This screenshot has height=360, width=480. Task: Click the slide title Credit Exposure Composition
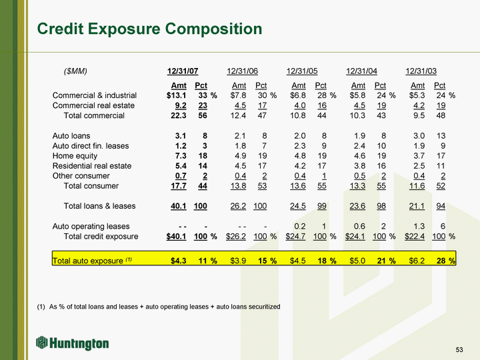click(149, 29)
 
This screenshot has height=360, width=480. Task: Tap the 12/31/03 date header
click(421, 71)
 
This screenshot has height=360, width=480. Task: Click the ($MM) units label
click(75, 71)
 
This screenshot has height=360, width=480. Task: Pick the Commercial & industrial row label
click(94, 96)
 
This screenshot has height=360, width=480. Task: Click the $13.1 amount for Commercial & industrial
click(177, 96)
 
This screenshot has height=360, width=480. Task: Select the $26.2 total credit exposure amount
click(237, 237)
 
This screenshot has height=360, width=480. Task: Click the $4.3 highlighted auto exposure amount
click(178, 260)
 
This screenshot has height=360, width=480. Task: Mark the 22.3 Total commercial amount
click(179, 116)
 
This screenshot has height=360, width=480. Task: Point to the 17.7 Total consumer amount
click(179, 186)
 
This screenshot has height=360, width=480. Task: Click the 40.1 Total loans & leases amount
click(179, 206)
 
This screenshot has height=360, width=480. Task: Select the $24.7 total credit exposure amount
click(297, 237)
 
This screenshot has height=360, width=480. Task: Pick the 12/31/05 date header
click(302, 71)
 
